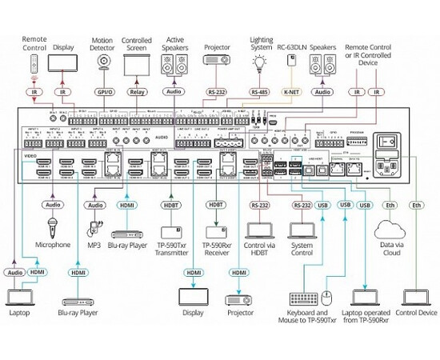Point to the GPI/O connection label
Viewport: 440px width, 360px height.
pos(102,92)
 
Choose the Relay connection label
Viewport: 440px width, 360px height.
pos(137,92)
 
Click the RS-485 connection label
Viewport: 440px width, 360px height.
pos(258,92)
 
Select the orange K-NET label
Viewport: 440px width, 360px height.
pos(293,92)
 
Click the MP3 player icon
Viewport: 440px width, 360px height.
pos(95,227)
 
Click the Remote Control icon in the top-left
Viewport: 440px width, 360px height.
pos(33,63)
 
